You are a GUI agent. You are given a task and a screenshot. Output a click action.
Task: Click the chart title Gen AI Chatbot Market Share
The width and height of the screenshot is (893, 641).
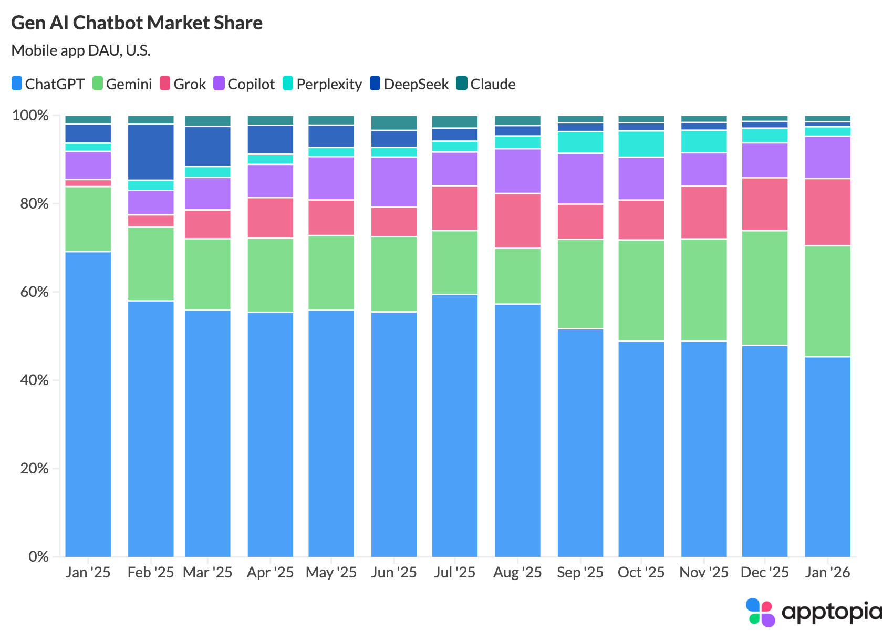tap(137, 23)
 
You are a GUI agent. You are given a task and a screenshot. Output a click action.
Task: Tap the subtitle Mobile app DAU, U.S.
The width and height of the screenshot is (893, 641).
tap(81, 50)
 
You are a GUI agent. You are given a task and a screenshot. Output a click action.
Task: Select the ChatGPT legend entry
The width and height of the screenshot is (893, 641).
tap(48, 84)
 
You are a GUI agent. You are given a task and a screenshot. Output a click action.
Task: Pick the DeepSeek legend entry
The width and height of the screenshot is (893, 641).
tap(409, 84)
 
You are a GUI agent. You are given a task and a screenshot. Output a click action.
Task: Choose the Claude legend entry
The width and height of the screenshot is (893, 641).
tap(486, 84)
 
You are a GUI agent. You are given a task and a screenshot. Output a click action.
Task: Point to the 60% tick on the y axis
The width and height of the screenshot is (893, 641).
tap(30, 292)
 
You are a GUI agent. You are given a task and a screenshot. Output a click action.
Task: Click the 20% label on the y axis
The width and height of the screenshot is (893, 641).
tap(30, 469)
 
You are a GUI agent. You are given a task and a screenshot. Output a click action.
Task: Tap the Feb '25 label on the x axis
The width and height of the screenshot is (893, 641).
tap(151, 572)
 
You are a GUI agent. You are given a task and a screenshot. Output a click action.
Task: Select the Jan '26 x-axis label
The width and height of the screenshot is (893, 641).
tap(827, 572)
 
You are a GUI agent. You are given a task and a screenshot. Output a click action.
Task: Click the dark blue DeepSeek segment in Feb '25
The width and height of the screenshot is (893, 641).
tap(151, 152)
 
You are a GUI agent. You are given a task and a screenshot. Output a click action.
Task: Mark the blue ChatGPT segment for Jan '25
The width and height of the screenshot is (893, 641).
tap(88, 405)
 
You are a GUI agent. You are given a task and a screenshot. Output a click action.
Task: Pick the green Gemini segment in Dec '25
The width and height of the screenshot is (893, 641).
tap(764, 288)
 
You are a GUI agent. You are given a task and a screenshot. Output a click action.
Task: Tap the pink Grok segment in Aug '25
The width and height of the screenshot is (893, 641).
tap(517, 221)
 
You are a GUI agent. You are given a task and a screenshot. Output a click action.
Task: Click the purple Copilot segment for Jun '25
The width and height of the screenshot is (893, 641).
tap(394, 182)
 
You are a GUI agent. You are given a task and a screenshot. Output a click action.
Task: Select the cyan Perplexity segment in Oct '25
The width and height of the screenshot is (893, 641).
tap(641, 144)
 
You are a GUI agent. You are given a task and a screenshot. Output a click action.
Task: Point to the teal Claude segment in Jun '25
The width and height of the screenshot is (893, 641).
tap(394, 122)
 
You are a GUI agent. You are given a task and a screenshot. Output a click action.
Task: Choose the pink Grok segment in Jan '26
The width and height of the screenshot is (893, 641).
tap(827, 212)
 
